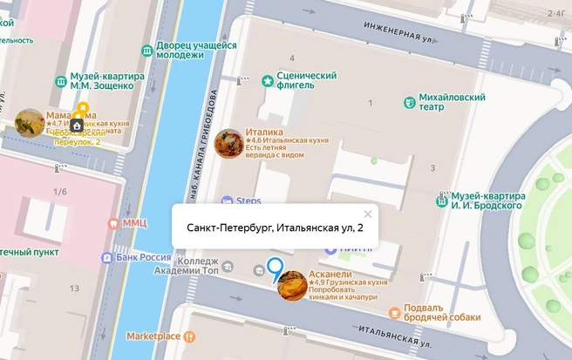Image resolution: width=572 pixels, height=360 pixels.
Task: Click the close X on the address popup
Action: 368,214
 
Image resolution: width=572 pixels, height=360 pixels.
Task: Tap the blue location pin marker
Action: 275,270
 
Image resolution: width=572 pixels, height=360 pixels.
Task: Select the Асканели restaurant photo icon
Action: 292,285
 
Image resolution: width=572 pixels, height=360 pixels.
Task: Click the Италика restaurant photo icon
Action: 228,143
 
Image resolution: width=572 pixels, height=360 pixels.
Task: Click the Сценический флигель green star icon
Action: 267,81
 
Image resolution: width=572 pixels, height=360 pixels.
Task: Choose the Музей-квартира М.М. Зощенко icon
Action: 60,81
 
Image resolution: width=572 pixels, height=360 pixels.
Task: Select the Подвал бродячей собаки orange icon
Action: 395,312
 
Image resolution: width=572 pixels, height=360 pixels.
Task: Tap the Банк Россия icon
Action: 107,258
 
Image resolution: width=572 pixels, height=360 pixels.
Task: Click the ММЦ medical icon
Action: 112,223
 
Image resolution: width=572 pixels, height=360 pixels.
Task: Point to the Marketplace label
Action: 153,336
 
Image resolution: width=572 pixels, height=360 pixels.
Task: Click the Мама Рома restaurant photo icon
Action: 30,123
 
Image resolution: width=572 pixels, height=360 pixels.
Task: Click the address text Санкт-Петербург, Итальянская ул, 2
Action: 275,228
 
